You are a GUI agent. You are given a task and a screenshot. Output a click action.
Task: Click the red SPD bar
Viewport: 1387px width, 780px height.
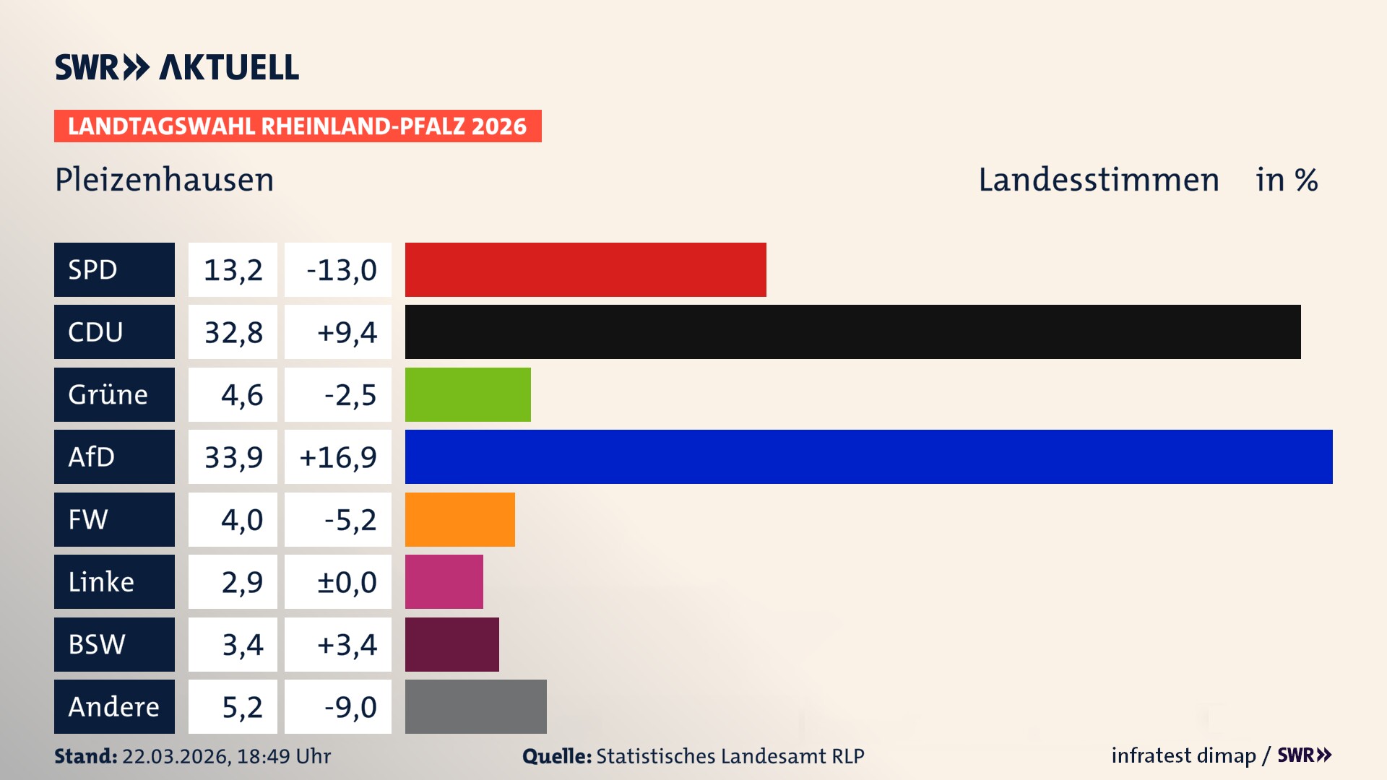pyautogui.click(x=585, y=269)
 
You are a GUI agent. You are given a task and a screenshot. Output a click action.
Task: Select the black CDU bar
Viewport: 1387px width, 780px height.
pyautogui.click(x=852, y=331)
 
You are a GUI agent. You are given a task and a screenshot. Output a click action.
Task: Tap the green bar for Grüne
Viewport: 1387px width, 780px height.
pyautogui.click(x=467, y=394)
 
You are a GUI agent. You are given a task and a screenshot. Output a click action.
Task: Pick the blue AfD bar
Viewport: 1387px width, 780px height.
pyautogui.click(x=868, y=456)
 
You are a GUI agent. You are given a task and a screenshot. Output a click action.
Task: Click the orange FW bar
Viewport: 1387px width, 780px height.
pyautogui.click(x=459, y=519)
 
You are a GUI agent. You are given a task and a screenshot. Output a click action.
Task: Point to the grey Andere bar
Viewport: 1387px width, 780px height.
pyautogui.click(x=475, y=706)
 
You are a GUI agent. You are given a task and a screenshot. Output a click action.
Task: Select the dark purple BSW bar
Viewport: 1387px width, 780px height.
pyautogui.click(x=451, y=644)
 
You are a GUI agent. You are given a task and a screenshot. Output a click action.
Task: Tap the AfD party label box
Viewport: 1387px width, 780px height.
pyautogui.click(x=114, y=456)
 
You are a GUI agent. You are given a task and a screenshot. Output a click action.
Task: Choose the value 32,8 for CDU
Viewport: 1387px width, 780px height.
pyautogui.click(x=233, y=332)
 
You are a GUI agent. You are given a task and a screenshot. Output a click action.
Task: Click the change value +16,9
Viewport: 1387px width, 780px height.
pyautogui.click(x=338, y=457)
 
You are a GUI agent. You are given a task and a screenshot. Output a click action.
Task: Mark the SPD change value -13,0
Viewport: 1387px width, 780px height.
pyautogui.click(x=341, y=270)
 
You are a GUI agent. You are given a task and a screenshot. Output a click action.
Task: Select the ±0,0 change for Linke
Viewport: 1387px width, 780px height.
pyautogui.click(x=346, y=582)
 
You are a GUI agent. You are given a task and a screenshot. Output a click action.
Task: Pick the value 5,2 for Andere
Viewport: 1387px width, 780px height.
pyautogui.click(x=241, y=707)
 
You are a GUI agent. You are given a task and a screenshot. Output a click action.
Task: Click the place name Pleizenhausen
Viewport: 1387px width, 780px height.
pyautogui.click(x=165, y=180)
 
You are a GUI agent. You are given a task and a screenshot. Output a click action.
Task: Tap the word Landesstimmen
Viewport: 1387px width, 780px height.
pyautogui.click(x=1098, y=180)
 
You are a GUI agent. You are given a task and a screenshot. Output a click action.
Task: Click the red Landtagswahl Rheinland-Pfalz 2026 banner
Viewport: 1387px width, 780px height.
pyautogui.click(x=298, y=126)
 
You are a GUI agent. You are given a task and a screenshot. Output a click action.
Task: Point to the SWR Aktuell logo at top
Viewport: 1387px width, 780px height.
pyautogui.click(x=177, y=67)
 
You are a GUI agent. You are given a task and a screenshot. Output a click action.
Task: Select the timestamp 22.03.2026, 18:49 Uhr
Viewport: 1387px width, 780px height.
pyautogui.click(x=226, y=756)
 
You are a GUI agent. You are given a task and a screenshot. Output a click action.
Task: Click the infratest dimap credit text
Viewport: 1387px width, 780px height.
pyautogui.click(x=1183, y=755)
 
